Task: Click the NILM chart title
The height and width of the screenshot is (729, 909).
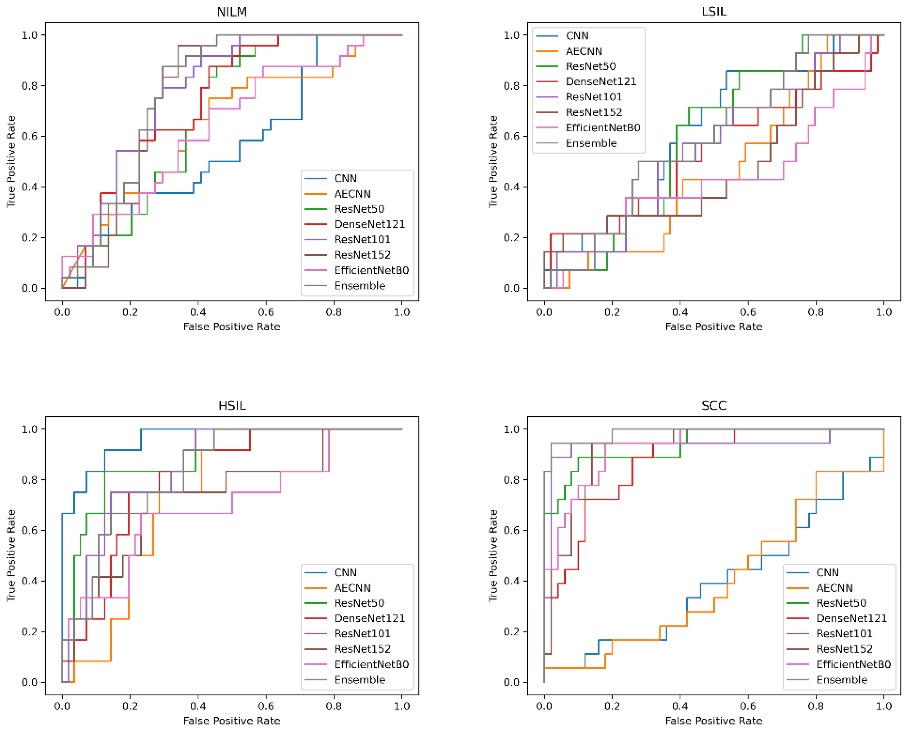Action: (232, 12)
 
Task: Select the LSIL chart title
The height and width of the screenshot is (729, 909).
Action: (714, 12)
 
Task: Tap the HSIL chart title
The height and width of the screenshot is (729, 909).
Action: (232, 406)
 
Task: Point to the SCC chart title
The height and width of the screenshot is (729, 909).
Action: (714, 406)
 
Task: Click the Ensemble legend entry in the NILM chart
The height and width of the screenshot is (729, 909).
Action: (359, 285)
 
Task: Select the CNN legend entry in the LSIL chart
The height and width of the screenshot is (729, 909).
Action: (577, 36)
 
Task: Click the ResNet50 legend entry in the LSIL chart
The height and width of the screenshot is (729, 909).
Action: (590, 66)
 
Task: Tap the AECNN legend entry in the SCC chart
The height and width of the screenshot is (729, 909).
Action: (834, 588)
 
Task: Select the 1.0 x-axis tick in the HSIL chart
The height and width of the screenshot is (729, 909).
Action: (402, 706)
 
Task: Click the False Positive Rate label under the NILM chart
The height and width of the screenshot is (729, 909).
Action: (232, 327)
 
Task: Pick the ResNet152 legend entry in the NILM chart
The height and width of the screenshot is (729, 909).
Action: (362, 255)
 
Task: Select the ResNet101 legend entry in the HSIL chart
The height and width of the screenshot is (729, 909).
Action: (362, 633)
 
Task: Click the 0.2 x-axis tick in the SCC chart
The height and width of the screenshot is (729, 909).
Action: (612, 706)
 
